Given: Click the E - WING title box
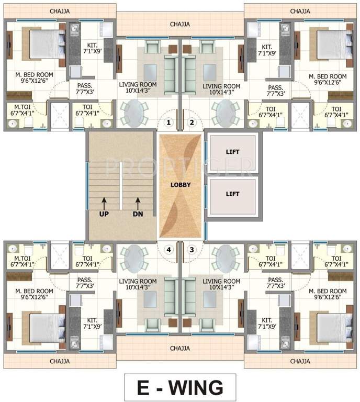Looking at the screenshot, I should (x=179, y=388).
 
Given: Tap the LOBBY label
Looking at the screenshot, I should (x=180, y=185).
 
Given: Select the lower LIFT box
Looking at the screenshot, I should (x=233, y=194).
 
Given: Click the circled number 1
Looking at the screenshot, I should (x=168, y=123).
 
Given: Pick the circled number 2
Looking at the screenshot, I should (x=192, y=123).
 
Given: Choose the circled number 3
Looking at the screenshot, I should (x=192, y=250).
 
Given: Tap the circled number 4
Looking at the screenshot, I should (x=168, y=250).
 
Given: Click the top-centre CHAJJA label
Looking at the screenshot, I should (x=180, y=24).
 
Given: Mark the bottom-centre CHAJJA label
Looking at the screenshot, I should (x=180, y=348).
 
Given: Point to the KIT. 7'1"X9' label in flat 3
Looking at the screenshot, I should (x=267, y=323).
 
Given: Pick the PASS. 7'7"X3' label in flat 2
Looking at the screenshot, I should (x=275, y=91).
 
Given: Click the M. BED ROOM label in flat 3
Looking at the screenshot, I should (x=328, y=294).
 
